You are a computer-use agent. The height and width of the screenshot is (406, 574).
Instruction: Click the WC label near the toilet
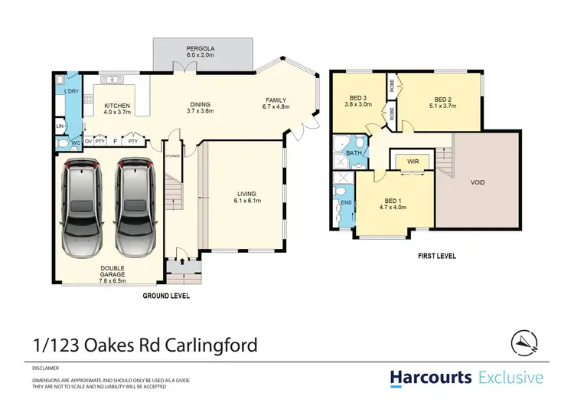point(76,142)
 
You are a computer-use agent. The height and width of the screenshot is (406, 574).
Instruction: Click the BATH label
point(354,153)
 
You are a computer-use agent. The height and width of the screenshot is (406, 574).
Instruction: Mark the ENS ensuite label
point(345,202)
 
